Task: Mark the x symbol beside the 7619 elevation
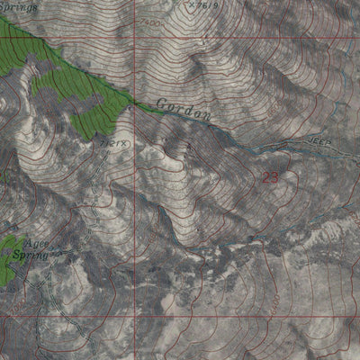(193, 4)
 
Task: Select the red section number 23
(270, 177)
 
